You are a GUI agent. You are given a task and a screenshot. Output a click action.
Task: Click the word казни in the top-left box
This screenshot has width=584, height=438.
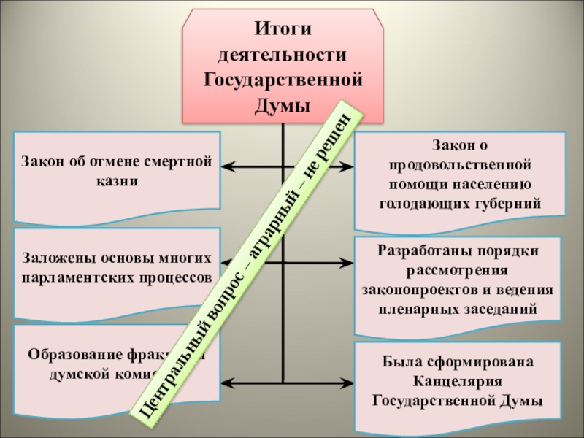click(116, 180)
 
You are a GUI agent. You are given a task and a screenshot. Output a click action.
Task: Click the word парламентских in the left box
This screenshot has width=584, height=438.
click(75, 278)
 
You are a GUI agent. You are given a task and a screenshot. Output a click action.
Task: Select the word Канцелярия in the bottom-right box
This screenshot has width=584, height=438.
click(459, 381)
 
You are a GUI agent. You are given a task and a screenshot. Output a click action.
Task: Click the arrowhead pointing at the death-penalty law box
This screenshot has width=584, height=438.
click(226, 167)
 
